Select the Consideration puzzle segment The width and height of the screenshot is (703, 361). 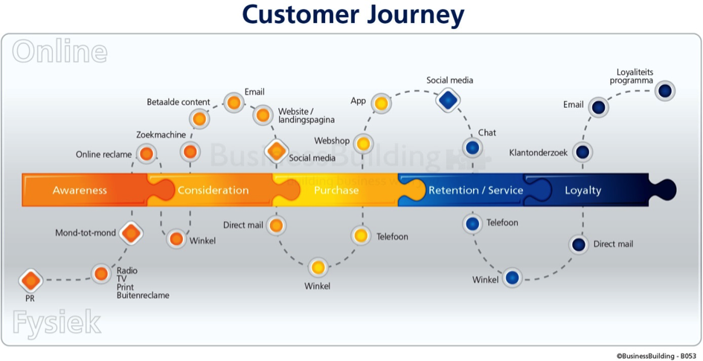pos(213,190)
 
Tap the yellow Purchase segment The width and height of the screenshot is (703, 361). pos(336,190)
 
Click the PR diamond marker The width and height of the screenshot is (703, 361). pos(31,281)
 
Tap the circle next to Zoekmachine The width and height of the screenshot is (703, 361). pos(190,152)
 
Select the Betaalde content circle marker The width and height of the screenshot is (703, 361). pos(199,119)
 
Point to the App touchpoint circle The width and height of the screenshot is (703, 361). pos(381,103)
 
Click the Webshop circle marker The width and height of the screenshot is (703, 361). pos(363,144)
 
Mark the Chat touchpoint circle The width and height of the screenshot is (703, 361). pos(472,147)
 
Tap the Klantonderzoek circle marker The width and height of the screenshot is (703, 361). pos(582,153)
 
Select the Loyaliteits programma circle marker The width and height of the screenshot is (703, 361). pos(665,91)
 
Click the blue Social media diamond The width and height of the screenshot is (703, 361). pos(449,100)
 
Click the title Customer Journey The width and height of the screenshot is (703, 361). pos(353,15)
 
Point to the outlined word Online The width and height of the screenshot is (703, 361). pos(60,52)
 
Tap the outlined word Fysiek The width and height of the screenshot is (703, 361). pos(57,323)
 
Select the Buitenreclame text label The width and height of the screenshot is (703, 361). pos(143,295)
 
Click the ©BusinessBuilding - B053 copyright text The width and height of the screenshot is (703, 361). pos(656,356)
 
